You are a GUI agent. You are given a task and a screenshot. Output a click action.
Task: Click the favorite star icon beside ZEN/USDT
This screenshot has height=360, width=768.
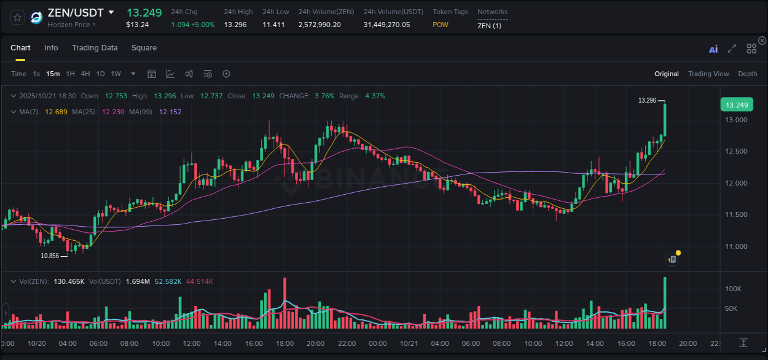[17, 17]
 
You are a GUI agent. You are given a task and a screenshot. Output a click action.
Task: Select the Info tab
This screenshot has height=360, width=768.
[51, 48]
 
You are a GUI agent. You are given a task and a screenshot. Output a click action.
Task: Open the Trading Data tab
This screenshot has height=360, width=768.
[95, 48]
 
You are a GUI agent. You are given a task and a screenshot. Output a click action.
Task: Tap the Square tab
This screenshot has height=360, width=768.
[144, 48]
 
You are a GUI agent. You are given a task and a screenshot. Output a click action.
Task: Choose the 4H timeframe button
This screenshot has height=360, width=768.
[85, 74]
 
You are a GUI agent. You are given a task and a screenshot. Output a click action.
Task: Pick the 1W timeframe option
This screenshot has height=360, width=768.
[116, 74]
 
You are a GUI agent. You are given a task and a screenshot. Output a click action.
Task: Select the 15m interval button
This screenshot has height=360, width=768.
[53, 74]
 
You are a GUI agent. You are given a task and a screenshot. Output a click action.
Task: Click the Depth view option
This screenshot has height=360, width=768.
[747, 74]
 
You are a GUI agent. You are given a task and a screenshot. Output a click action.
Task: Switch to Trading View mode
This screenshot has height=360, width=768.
[708, 74]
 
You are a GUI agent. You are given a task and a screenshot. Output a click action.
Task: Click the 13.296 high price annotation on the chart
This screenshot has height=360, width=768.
[647, 100]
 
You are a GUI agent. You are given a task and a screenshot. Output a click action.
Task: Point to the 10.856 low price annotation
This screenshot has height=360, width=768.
[50, 256]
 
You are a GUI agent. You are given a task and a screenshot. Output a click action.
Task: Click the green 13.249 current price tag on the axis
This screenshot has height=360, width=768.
[736, 105]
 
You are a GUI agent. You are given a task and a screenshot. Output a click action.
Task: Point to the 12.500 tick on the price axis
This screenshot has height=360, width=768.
[736, 151]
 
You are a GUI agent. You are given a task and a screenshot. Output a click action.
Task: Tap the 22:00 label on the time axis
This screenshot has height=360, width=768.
[346, 343]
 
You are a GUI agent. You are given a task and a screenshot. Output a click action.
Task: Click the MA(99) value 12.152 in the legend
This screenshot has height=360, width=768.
[170, 112]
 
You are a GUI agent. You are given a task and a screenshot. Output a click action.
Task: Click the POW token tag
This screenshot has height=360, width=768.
[441, 25]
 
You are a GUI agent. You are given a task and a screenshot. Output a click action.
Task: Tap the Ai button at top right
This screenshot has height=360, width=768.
[713, 49]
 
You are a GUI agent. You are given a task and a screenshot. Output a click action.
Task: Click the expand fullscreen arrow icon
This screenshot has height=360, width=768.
[732, 49]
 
